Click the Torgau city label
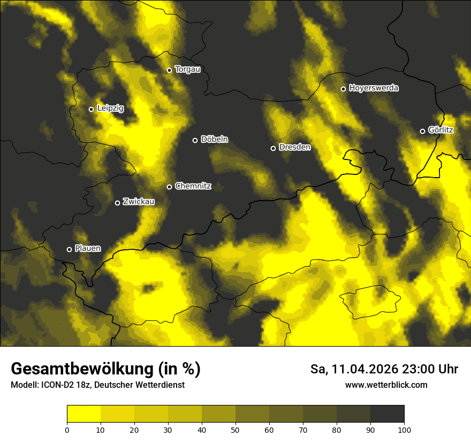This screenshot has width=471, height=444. pos(187,70)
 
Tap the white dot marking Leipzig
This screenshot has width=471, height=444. pos(91,109)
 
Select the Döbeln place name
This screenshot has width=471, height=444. pos(214,140)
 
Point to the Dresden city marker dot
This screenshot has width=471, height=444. pos(273,148)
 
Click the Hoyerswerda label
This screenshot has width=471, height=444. pos(374,88)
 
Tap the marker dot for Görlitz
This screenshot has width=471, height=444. pos(422,131)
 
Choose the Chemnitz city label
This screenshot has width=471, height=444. pos(193,186)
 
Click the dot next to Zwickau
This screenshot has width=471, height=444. pos(117,203)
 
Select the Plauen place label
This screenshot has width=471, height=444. pos(88,249)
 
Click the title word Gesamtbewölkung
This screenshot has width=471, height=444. pos(82,369)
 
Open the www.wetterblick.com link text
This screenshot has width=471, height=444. pos(386,385)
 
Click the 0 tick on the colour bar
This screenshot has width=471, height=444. pos(67,429)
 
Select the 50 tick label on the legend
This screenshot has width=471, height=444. pos(236,429)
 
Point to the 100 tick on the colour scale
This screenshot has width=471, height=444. pos(404,429)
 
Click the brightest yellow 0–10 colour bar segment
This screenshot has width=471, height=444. pos(83,414)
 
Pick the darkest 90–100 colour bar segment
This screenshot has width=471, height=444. pos(387,414)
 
